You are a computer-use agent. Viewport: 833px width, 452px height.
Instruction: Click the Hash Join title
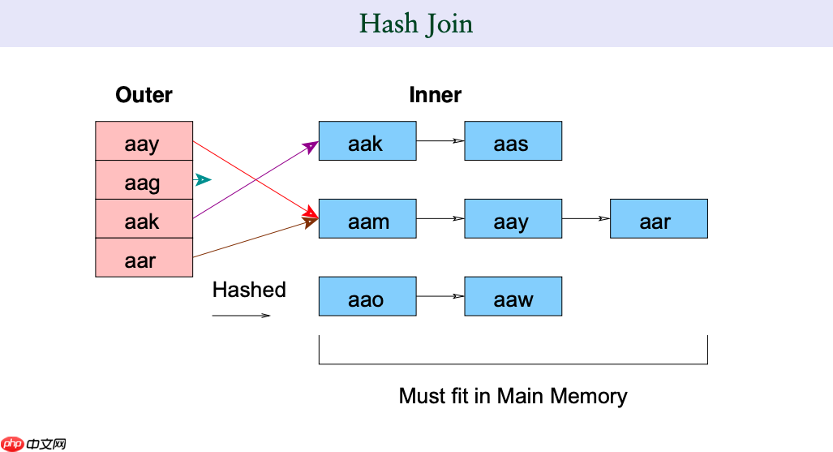(416, 24)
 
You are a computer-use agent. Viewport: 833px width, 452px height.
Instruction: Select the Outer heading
(144, 95)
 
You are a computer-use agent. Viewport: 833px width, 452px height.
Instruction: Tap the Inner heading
(435, 95)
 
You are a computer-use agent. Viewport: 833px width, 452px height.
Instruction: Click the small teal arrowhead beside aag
(204, 179)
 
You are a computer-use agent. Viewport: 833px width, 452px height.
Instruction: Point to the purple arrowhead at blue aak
(311, 146)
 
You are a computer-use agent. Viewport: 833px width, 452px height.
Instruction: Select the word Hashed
(249, 290)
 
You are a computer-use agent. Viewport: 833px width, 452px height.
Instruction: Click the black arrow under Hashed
(241, 316)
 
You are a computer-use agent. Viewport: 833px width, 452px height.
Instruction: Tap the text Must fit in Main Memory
(513, 396)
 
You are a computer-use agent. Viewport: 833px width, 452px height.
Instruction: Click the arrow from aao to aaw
(440, 297)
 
